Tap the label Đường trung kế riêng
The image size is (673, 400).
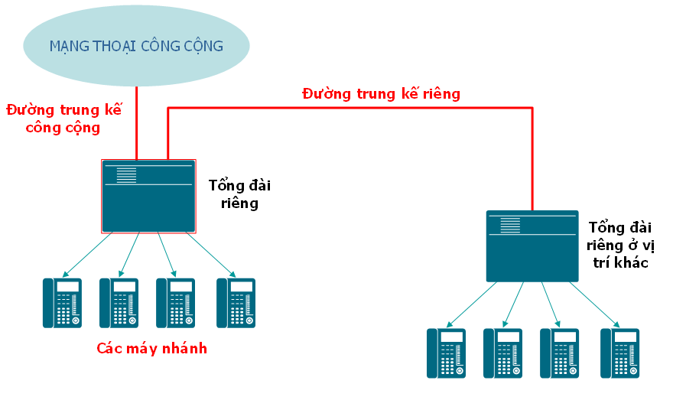point(381,94)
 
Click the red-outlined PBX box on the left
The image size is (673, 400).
point(148,196)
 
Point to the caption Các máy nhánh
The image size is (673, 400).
point(151,349)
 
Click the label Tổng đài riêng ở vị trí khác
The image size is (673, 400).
point(621,245)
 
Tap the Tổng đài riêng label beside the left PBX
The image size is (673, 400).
point(239,194)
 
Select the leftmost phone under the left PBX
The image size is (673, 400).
point(62,302)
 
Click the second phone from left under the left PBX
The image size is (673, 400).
point(119,302)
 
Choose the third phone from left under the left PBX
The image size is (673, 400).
point(175,302)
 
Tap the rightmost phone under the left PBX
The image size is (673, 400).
point(236,302)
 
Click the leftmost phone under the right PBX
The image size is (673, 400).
point(446,353)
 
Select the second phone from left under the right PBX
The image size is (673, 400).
point(502,353)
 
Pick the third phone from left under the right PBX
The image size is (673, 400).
point(559,353)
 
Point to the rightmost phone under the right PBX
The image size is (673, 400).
point(619,353)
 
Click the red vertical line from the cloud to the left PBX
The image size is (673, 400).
point(136,122)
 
